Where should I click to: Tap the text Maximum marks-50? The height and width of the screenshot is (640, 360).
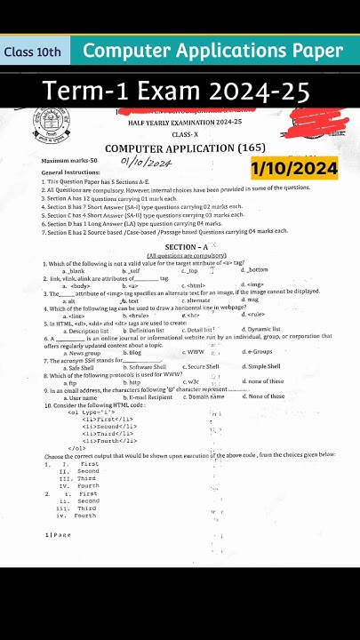(x=68, y=161)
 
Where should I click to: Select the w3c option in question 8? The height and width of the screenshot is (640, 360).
(x=191, y=380)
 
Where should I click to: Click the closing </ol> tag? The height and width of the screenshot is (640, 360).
(x=76, y=448)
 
